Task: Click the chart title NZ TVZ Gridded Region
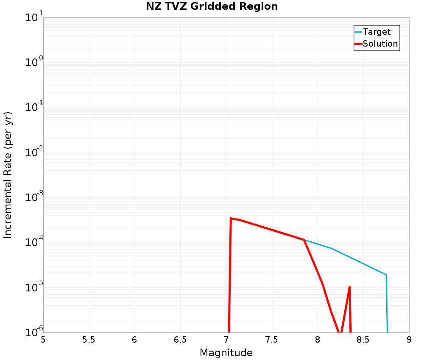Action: [x=212, y=7]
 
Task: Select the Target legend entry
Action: [x=377, y=32]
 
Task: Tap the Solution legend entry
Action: [x=380, y=44]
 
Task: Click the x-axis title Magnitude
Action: [x=226, y=353]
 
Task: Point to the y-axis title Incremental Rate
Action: [x=8, y=175]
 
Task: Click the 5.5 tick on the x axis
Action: [x=89, y=339]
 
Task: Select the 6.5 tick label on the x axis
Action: [x=180, y=339]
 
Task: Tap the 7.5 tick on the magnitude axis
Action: [x=271, y=339]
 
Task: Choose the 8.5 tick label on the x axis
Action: [x=363, y=339]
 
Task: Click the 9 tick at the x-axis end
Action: [x=409, y=339]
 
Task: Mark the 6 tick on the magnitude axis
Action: [x=134, y=339]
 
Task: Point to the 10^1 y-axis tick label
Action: [x=33, y=18]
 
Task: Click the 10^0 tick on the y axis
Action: [x=33, y=63]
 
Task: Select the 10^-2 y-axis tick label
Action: [x=33, y=153]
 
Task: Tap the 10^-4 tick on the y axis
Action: [x=33, y=243]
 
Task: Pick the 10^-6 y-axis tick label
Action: [x=33, y=332]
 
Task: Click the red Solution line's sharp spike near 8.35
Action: [x=349, y=287]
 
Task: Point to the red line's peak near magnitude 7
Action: [x=231, y=218]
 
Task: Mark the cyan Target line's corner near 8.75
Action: [x=386, y=275]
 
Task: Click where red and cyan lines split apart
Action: [x=304, y=240]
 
